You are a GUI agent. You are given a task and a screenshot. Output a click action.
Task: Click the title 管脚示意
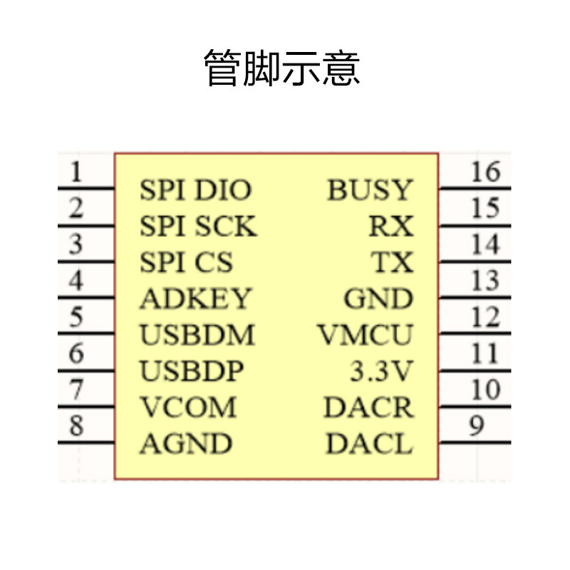(x=283, y=68)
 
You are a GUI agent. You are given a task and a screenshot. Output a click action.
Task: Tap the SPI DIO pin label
(x=195, y=190)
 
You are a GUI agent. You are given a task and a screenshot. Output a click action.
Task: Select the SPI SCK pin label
(x=197, y=227)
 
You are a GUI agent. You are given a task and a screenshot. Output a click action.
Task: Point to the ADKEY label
(x=195, y=299)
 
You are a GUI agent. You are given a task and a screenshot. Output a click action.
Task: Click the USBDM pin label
(x=197, y=335)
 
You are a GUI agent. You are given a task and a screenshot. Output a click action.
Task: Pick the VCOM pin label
(x=188, y=408)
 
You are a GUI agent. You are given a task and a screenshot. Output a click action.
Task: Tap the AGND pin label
(x=186, y=444)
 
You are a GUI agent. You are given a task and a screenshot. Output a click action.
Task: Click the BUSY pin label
(x=370, y=190)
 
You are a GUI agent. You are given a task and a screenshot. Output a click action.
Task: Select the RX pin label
(x=390, y=227)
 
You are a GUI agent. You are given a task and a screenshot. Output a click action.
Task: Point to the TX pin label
(x=392, y=263)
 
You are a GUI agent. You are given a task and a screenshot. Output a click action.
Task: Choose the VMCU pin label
(x=366, y=335)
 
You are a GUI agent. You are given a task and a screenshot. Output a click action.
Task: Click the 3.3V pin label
(x=382, y=371)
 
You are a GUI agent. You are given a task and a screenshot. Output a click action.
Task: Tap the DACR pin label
(x=368, y=408)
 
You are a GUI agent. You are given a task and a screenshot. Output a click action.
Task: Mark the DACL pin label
(x=369, y=444)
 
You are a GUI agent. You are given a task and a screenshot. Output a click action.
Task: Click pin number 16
(x=485, y=172)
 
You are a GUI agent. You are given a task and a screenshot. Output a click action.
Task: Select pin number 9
(x=477, y=426)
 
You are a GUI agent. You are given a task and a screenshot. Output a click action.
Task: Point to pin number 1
(x=76, y=172)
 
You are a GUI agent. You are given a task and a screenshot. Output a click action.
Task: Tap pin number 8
(x=76, y=426)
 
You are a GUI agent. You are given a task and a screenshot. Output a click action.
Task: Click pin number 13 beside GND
(x=485, y=281)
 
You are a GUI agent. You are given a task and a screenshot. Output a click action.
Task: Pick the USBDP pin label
(x=192, y=371)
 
